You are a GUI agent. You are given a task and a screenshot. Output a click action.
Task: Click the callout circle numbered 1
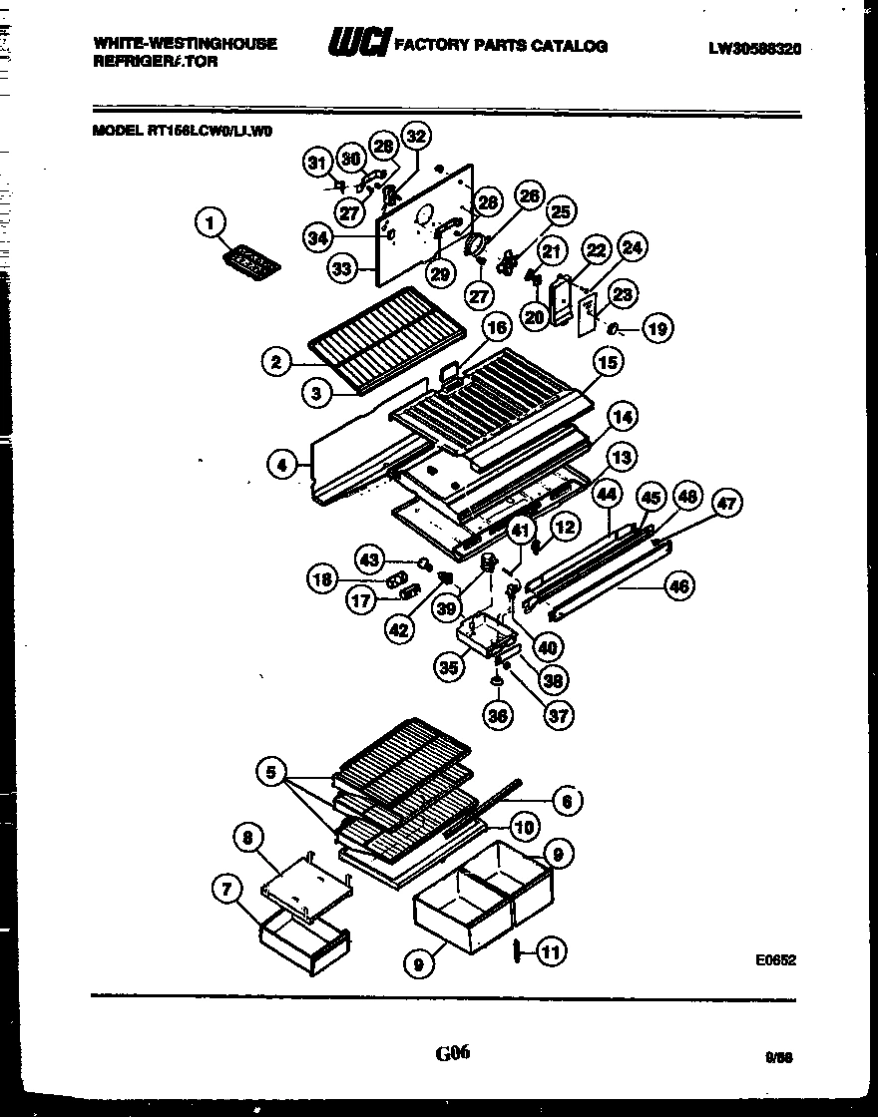point(210,224)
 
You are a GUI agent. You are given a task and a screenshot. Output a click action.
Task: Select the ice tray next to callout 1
point(249,261)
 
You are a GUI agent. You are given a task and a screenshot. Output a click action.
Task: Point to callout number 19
point(657,328)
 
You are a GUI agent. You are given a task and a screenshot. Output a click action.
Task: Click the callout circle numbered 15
point(609,362)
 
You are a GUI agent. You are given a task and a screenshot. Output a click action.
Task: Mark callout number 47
point(726,505)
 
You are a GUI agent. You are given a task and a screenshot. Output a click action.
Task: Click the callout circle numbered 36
point(498,714)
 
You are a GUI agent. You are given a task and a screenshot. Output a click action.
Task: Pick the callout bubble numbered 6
point(567,799)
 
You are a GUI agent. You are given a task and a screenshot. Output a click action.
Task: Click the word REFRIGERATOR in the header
point(155,61)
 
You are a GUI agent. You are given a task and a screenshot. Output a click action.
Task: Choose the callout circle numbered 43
point(370,560)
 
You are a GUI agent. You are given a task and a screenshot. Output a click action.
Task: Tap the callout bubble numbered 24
point(632,247)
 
